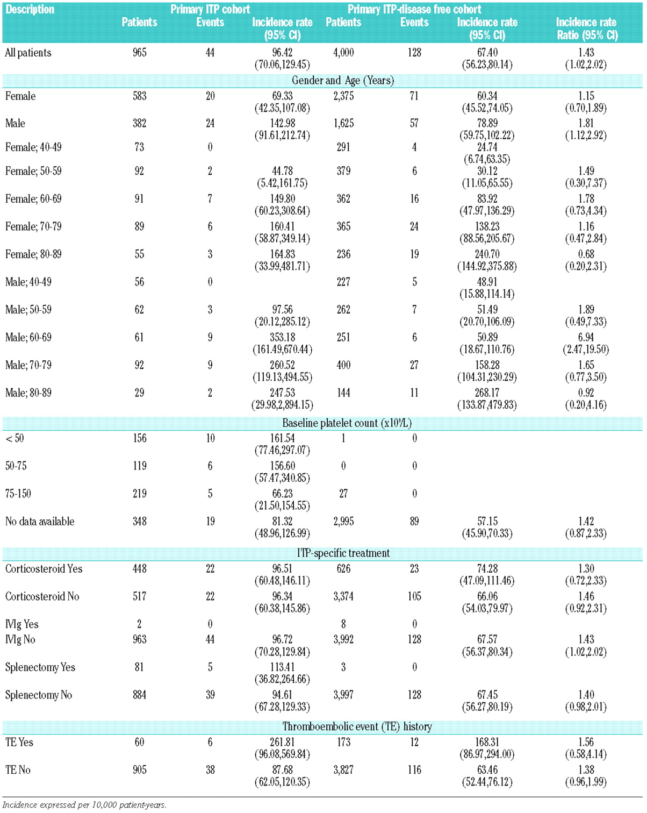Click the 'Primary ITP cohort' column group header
tap(210, 9)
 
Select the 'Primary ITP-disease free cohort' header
tap(414, 9)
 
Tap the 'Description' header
tap(30, 9)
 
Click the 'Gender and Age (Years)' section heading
tap(343, 81)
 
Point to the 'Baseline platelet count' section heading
tap(347, 423)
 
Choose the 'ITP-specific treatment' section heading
tap(343, 553)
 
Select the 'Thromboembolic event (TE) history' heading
tap(357, 727)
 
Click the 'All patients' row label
tap(28, 53)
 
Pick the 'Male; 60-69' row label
tap(28, 338)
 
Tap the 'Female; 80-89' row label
tap(33, 254)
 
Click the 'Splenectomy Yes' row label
tap(40, 667)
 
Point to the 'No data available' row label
tap(40, 522)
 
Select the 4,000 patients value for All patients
tap(343, 53)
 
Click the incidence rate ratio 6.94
tap(586, 338)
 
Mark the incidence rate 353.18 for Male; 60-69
tap(282, 338)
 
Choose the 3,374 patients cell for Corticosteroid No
tap(343, 596)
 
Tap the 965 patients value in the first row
tap(140, 53)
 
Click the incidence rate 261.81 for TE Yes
tap(282, 743)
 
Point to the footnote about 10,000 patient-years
tap(84, 805)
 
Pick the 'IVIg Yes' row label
tap(22, 624)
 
